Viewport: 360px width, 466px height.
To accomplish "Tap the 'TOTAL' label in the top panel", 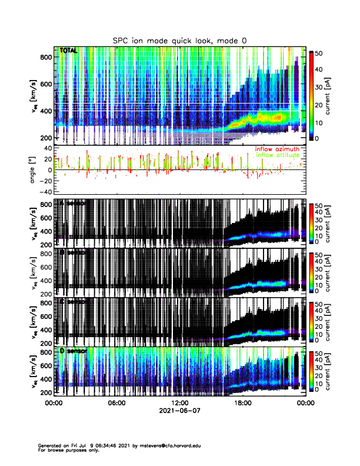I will [68, 51].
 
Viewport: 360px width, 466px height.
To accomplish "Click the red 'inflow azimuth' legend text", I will [277, 149].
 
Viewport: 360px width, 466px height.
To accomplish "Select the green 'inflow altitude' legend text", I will [277, 155].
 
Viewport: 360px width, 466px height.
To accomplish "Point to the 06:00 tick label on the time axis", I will [116, 404].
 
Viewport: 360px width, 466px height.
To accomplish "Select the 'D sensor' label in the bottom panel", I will [73, 351].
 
